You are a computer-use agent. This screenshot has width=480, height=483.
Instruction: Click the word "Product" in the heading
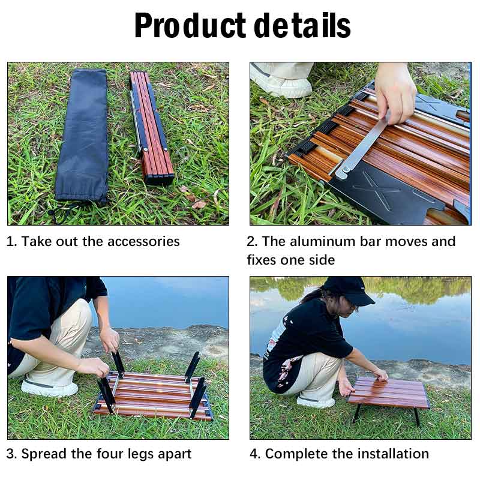190,26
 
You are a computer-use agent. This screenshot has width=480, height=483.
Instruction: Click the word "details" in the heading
302,26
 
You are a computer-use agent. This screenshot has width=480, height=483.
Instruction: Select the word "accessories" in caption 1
143,242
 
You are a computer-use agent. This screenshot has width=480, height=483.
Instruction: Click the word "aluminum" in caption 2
328,242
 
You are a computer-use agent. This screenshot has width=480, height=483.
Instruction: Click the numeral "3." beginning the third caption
12,454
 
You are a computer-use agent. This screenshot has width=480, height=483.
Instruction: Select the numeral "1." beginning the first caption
12,242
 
